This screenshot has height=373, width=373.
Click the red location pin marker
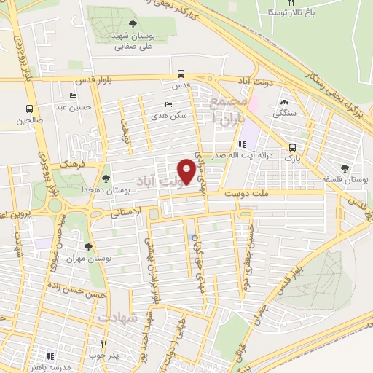point(186,170)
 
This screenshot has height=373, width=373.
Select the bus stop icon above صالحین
point(30,105)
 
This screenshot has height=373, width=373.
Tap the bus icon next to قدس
point(180,74)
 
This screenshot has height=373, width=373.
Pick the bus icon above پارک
point(291,146)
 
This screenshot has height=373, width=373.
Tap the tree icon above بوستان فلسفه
point(345,168)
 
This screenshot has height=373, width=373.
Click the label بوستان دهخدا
point(127,189)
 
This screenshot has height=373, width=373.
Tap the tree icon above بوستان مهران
point(88,248)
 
